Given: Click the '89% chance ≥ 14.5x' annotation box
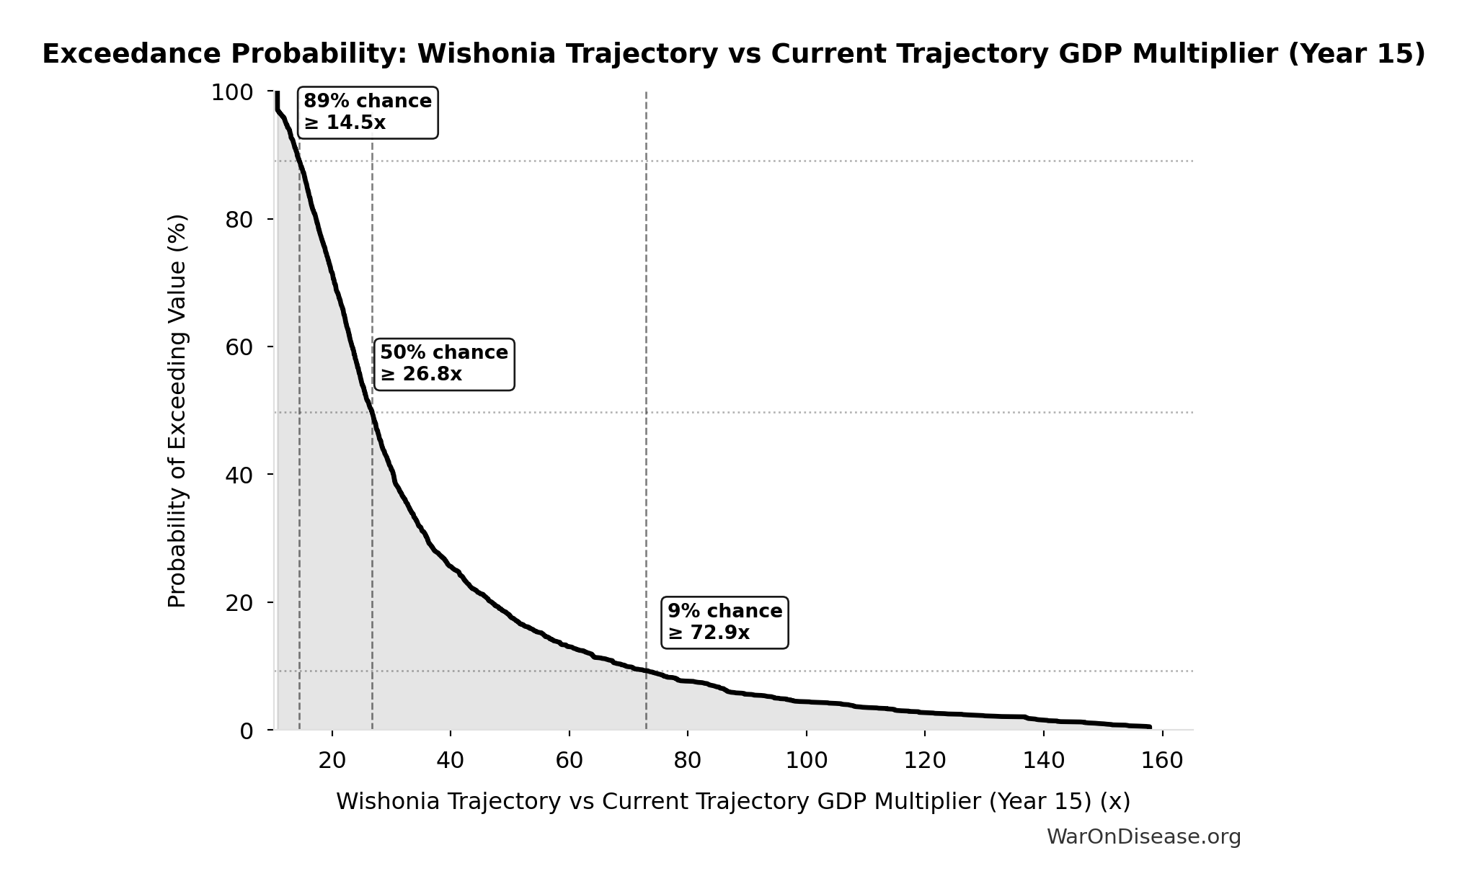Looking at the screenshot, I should pyautogui.click(x=368, y=112).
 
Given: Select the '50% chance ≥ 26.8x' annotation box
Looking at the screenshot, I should pyautogui.click(x=444, y=364).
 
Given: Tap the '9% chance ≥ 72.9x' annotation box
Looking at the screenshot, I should pyautogui.click(x=724, y=622).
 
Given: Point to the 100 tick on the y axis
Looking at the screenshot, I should pyautogui.click(x=232, y=92).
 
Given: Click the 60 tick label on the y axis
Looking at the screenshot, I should pyautogui.click(x=239, y=347).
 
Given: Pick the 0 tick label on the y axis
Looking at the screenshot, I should pyautogui.click(x=247, y=731).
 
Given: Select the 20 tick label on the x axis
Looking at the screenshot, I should pyautogui.click(x=332, y=760).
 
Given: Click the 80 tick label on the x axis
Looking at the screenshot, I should pyautogui.click(x=687, y=760).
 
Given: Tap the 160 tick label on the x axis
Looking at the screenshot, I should pyautogui.click(x=1162, y=760).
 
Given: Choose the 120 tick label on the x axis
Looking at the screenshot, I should pyautogui.click(x=924, y=760).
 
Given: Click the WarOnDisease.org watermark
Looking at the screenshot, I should pyautogui.click(x=1143, y=836).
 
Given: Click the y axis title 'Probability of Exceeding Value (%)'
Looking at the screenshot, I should pyautogui.click(x=177, y=411).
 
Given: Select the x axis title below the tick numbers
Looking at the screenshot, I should pyautogui.click(x=732, y=801).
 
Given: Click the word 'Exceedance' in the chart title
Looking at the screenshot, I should pyautogui.click(x=133, y=54).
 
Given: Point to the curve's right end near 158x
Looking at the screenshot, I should pyautogui.click(x=1149, y=727).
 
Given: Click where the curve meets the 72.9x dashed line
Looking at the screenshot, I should pyautogui.click(x=646, y=671).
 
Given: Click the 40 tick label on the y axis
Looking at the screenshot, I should pyautogui.click(x=239, y=475).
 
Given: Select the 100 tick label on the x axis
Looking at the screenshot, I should pyautogui.click(x=805, y=760).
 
